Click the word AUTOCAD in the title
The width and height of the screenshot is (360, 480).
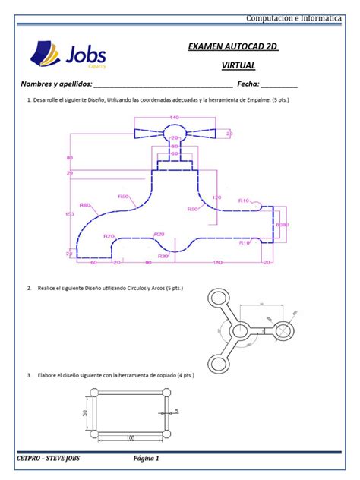click(239, 48)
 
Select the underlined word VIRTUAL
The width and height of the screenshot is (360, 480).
click(238, 66)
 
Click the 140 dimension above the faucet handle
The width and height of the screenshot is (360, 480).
click(174, 118)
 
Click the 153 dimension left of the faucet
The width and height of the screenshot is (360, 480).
click(70, 215)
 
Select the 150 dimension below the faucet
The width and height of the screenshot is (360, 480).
click(218, 263)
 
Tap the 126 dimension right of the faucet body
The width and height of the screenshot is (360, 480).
click(216, 198)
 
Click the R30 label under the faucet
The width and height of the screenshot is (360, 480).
click(163, 256)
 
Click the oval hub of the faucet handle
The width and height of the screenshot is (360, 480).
click(174, 133)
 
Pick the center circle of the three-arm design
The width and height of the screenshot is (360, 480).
click(240, 330)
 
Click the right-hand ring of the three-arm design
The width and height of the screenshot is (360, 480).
click(284, 330)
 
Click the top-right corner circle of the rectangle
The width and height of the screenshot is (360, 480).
click(167, 393)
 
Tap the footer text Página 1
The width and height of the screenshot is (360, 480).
click(146, 459)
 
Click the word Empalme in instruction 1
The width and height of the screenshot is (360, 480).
click(256, 99)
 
